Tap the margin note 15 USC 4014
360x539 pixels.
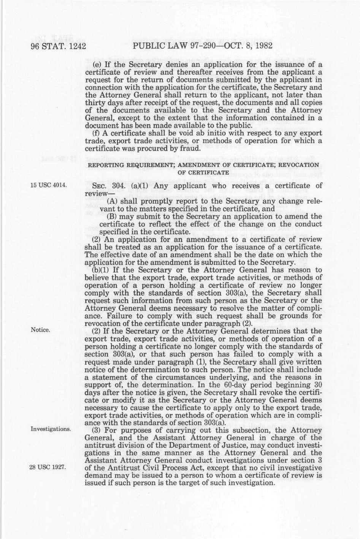pos(49,186)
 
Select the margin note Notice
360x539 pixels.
pos(40,330)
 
